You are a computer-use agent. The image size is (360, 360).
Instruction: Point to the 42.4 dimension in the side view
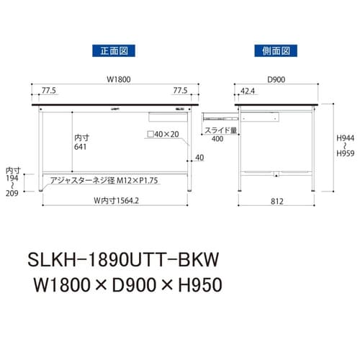[x=249, y=92]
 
